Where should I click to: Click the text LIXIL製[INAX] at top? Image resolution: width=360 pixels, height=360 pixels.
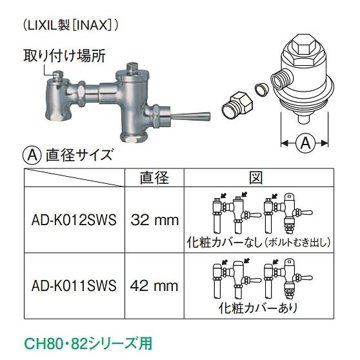click(71, 25)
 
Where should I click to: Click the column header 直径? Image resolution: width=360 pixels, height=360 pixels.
click(154, 176)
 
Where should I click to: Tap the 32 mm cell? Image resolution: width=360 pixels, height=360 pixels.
click(155, 220)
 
